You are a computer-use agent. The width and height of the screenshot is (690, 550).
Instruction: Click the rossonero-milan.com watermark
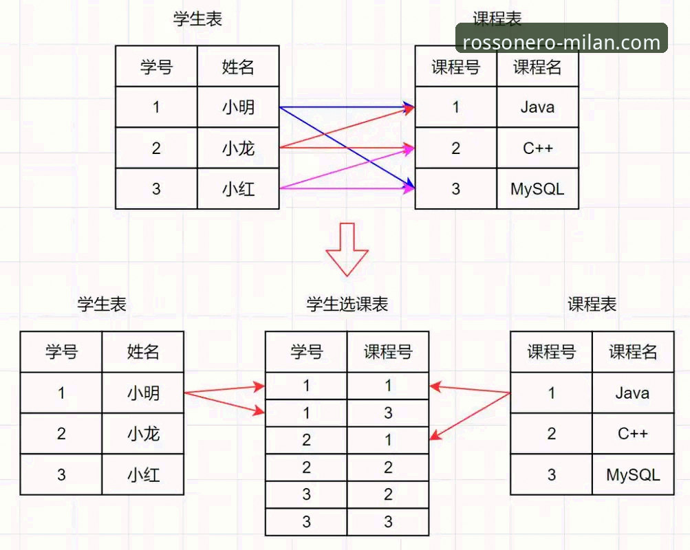point(561,42)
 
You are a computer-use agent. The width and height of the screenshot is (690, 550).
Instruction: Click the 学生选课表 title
point(347,305)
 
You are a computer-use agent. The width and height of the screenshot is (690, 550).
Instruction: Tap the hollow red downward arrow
point(347,250)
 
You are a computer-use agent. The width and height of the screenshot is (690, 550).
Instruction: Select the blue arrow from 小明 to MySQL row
point(347,148)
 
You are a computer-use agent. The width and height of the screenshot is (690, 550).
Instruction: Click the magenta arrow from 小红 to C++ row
point(347,168)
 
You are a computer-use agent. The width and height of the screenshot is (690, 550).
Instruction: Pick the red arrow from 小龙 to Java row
point(347,127)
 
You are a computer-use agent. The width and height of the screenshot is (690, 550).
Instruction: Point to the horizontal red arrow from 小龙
point(347,148)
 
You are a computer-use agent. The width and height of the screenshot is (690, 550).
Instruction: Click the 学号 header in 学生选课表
point(307,352)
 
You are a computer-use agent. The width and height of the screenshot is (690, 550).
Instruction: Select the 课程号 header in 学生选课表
point(388,352)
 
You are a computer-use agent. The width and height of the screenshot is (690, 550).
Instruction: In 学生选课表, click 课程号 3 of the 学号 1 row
point(388,412)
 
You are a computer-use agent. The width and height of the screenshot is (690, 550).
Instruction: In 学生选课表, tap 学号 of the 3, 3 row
point(307,522)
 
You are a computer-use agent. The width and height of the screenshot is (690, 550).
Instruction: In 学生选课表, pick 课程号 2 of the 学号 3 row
point(388,494)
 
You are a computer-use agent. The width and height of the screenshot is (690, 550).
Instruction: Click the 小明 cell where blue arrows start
point(238,107)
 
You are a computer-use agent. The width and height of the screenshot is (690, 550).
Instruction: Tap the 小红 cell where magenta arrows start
point(238,189)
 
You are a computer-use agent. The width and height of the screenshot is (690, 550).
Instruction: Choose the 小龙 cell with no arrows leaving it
point(143,434)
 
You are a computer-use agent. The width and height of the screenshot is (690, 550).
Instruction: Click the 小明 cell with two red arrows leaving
point(143,393)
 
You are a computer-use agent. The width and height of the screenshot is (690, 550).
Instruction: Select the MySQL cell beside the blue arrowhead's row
point(537,189)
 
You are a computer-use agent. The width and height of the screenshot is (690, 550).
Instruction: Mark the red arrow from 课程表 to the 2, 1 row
point(470,416)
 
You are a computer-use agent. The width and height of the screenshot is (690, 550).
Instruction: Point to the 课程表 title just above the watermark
point(497,18)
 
